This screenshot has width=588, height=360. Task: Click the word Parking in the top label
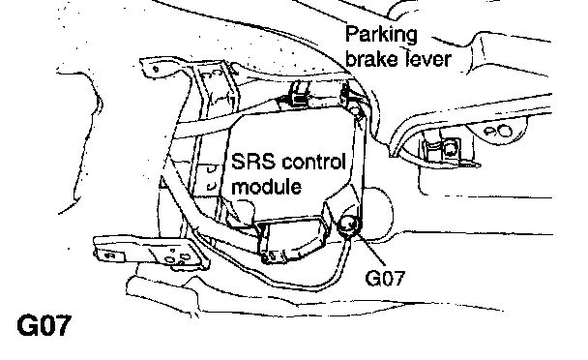381,35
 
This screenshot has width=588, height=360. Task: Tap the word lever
427,59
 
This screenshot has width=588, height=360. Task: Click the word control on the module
312,162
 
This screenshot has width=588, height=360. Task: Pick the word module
266,186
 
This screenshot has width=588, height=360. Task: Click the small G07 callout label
385,278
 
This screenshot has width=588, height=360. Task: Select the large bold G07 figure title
44,325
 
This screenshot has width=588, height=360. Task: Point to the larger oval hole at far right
504,131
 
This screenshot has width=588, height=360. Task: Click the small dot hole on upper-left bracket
156,69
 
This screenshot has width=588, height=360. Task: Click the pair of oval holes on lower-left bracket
177,258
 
